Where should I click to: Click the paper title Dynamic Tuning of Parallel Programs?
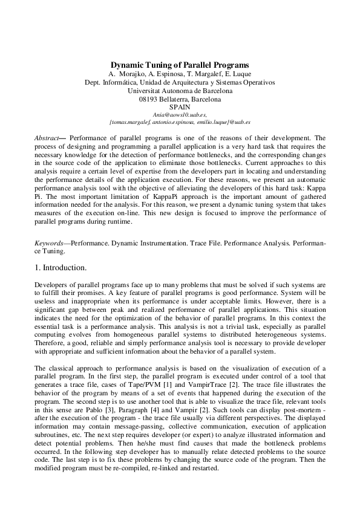[180, 65]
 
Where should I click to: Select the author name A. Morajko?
[124, 74]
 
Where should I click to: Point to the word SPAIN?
[180, 107]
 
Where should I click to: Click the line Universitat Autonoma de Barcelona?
[180, 91]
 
